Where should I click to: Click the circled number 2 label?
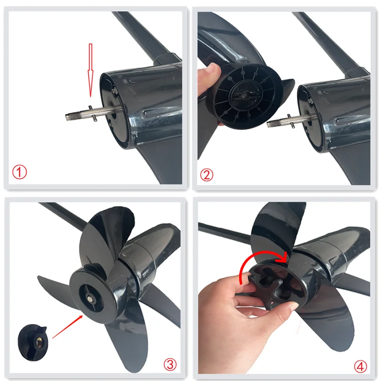206,175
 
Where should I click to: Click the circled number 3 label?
170,365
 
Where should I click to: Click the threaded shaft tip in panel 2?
274,123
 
